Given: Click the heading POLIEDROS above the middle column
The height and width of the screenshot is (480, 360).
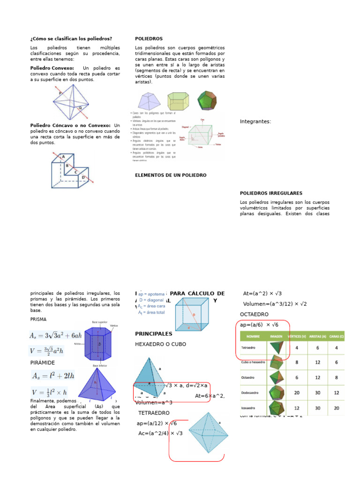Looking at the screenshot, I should click(x=149, y=38).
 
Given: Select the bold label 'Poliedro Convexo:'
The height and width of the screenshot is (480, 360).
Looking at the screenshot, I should click(x=52, y=68).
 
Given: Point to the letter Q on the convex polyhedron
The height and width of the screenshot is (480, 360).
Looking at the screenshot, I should click(x=80, y=107).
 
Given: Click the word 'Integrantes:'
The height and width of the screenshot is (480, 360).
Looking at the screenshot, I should click(x=255, y=121).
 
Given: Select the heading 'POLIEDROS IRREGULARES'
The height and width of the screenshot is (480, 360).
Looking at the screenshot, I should click(x=271, y=193).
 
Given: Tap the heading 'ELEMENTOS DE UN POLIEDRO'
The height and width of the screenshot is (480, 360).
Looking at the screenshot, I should click(x=171, y=175).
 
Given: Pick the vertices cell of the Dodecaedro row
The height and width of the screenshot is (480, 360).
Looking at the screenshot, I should click(x=297, y=392).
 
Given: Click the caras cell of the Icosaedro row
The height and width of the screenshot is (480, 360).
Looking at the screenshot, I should click(x=337, y=408).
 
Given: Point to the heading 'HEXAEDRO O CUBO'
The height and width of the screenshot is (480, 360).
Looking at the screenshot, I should click(x=160, y=344).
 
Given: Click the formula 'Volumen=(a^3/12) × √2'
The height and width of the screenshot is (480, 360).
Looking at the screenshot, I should click(x=275, y=304).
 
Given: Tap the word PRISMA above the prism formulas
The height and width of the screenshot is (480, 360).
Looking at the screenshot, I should click(x=39, y=319).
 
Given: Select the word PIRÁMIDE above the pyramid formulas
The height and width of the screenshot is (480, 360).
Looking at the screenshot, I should click(x=43, y=363).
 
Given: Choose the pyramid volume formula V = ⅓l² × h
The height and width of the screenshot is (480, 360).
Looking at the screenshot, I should click(x=49, y=392).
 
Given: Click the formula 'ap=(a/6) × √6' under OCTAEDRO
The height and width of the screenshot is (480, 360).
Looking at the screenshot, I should click(x=259, y=325).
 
